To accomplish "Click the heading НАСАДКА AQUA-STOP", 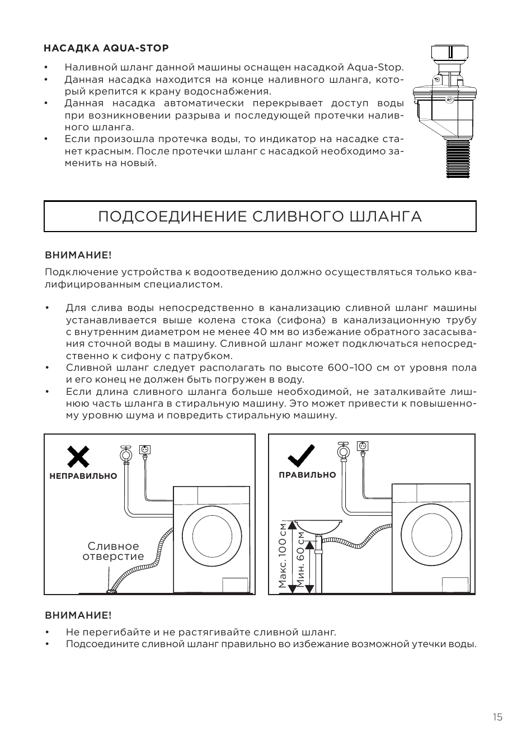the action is [x=106, y=48].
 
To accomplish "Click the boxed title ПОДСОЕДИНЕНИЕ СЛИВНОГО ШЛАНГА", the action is [x=260, y=216].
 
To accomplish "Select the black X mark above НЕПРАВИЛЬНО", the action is [x=78, y=456].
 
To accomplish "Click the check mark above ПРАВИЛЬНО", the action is [x=301, y=456].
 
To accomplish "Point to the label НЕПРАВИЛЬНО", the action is [x=83, y=476].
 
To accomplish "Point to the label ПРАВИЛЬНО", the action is [x=307, y=475].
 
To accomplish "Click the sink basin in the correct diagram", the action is [x=318, y=526].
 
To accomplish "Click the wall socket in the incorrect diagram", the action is [x=144, y=450].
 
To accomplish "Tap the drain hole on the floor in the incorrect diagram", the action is [x=111, y=591].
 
